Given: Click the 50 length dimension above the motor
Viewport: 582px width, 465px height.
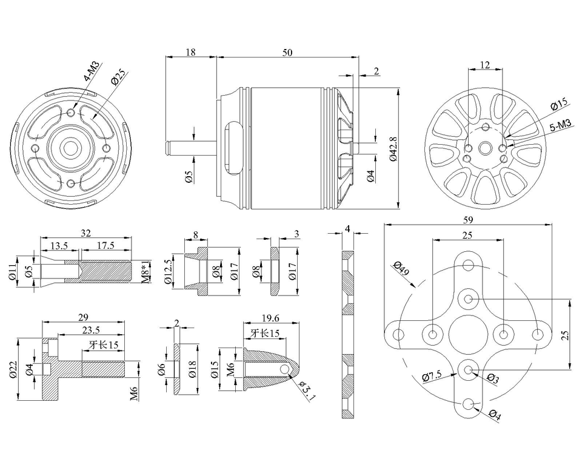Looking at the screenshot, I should pyautogui.click(x=287, y=53).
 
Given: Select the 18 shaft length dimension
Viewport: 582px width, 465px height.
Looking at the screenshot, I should pyautogui.click(x=190, y=53).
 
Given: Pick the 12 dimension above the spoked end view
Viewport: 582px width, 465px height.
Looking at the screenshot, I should pyautogui.click(x=484, y=65).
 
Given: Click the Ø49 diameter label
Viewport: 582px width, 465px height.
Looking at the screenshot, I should pyautogui.click(x=401, y=268).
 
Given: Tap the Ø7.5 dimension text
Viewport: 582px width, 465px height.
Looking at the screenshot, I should pyautogui.click(x=433, y=377).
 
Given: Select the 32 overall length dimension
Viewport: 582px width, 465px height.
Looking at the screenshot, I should pyautogui.click(x=85, y=232).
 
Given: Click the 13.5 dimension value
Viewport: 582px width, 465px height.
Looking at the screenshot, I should pyautogui.click(x=59, y=245).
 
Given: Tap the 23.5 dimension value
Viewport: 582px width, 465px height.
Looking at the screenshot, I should pyautogui.click(x=90, y=330).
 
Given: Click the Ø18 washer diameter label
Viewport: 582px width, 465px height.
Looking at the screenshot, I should pyautogui.click(x=192, y=369).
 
